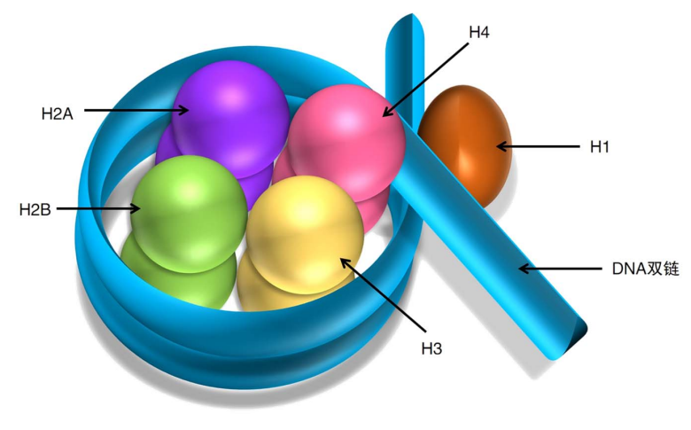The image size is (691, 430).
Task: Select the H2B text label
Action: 35,210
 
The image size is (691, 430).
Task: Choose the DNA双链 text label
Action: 645,268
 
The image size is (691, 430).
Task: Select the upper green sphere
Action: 188,211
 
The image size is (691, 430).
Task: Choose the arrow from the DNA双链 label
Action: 558,268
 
